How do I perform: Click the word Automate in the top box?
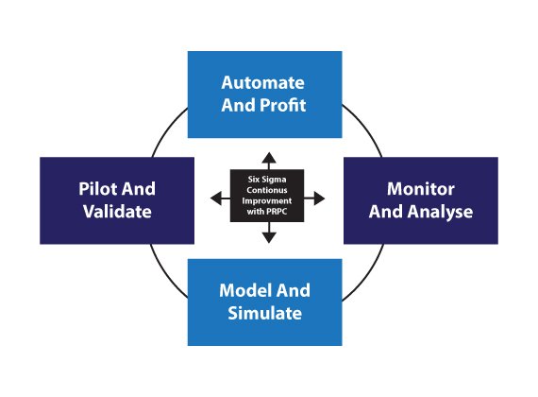262,83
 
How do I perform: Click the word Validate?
117,212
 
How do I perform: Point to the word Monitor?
421,189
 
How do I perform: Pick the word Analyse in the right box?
440,212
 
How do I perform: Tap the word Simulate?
265,313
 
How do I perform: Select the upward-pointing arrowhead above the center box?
269,158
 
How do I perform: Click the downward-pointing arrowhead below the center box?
269,237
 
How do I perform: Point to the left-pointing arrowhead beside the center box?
216,198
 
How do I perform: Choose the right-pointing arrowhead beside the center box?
319,198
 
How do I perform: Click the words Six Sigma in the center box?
267,180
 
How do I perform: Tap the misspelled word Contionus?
267,190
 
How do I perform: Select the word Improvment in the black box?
267,201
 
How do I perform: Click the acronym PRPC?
277,212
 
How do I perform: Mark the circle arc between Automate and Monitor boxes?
365,128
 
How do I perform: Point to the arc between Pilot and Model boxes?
165,274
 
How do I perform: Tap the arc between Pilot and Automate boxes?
167,129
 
